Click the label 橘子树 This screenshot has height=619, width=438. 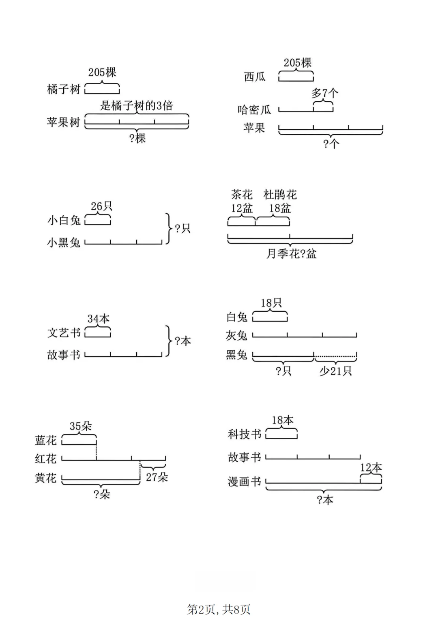pos(64,89)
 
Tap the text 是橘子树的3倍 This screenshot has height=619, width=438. pos(137,106)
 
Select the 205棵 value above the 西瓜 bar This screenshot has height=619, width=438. pos(298,63)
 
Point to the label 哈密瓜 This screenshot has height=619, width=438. pos(254,110)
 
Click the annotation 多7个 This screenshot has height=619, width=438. pos(324,94)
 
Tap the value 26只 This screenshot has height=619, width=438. pos(101,206)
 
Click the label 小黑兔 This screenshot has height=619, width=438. pos(64,242)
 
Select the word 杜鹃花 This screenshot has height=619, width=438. pos(280,195)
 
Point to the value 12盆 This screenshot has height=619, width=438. pos(242,208)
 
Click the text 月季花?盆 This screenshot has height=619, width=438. pos(291,254)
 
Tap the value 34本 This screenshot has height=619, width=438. pos(99,319)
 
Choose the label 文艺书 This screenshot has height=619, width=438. pos(64,333)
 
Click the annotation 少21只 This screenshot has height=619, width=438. pos(335,371)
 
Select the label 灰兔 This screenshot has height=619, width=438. pos(236,336)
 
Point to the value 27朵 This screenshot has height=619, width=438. pos(157,478)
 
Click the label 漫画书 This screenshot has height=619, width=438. pos(244,482)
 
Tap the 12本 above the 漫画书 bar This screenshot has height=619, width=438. pos(371,468)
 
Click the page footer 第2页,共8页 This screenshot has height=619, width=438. pos(219,609)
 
